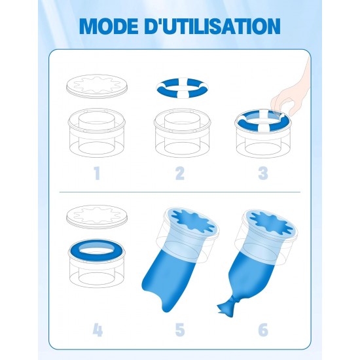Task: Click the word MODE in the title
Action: pyautogui.click(x=109, y=26)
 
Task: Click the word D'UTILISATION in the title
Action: pyautogui.click(x=212, y=26)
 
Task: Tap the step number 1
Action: pyautogui.click(x=97, y=173)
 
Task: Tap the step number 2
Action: pyautogui.click(x=180, y=173)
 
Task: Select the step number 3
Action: pyautogui.click(x=263, y=173)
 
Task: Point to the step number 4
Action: pyautogui.click(x=98, y=330)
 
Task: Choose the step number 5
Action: pyautogui.click(x=180, y=330)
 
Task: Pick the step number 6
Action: pyautogui.click(x=263, y=330)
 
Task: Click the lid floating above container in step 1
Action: pyautogui.click(x=96, y=86)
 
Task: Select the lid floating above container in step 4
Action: pyautogui.click(x=96, y=217)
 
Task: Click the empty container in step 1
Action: pyautogui.click(x=97, y=133)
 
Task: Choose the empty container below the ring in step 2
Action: pyautogui.click(x=183, y=133)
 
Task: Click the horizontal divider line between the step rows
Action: pyautogui.click(x=180, y=192)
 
